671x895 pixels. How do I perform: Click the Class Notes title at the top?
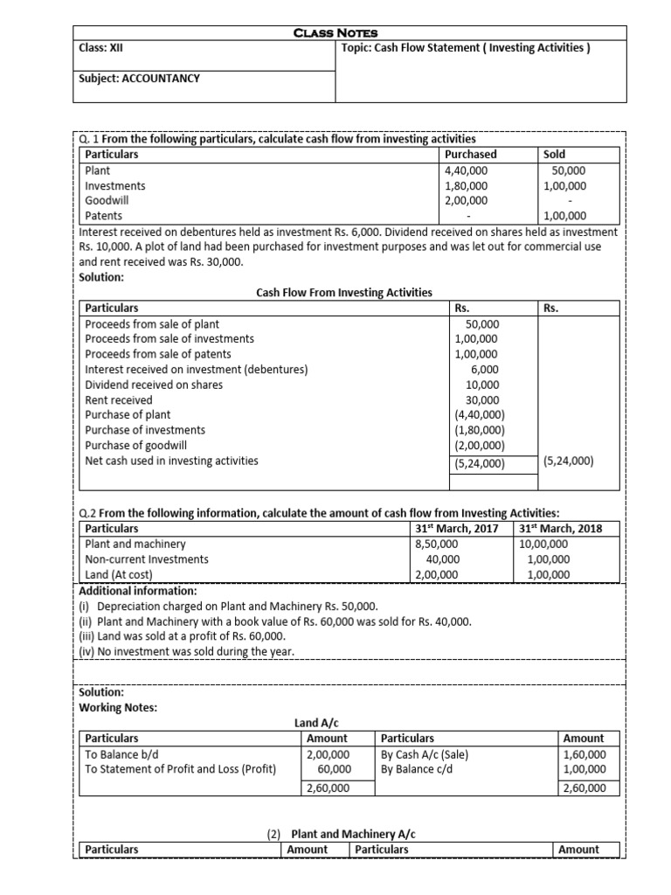335,32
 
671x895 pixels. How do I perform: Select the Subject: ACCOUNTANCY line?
139,78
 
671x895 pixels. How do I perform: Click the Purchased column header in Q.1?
471,155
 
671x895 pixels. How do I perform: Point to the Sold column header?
555,155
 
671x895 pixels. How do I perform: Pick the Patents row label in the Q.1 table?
104,216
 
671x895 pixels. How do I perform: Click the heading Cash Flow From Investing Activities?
343,292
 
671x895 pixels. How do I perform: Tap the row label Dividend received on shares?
154,385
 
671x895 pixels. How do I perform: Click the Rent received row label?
119,400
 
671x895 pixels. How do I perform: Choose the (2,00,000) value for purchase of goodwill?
480,446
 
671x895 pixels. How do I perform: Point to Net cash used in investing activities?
171,461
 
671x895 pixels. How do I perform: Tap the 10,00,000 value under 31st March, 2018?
544,544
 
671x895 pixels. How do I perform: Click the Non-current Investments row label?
147,559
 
